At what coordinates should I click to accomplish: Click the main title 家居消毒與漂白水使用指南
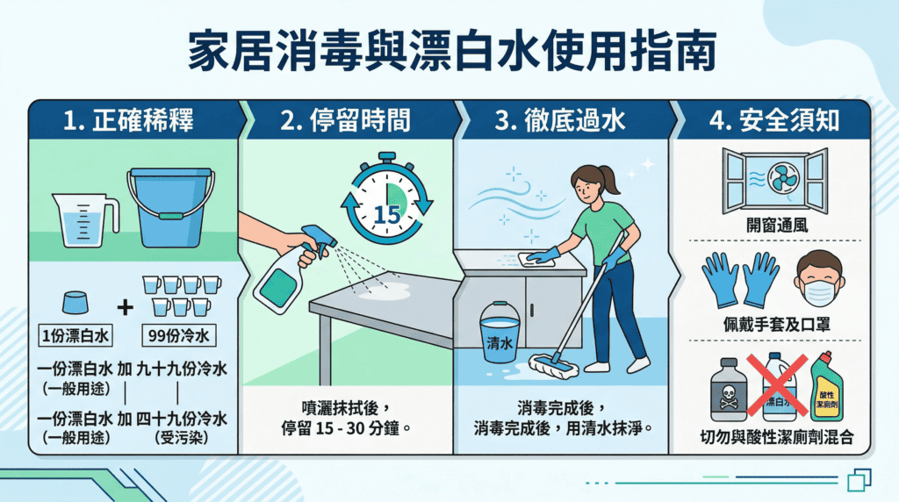(452, 52)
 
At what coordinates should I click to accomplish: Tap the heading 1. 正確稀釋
(128, 120)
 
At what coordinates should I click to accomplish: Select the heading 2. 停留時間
(345, 120)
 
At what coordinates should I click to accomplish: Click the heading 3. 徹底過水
(559, 120)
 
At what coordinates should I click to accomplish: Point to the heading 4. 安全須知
(774, 120)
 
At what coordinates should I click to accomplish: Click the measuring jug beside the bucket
(85, 219)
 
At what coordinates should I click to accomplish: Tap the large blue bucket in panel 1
(170, 207)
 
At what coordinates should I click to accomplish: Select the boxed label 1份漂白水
(76, 335)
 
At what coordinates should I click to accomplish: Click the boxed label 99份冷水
(179, 335)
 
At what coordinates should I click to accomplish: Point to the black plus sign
(125, 308)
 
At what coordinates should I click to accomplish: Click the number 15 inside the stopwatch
(387, 215)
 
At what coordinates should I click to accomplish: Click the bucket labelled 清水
(500, 333)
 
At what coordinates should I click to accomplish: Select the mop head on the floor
(553, 366)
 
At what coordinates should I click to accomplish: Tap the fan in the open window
(782, 177)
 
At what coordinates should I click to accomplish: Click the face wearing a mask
(819, 279)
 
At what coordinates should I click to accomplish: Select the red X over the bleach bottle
(777, 384)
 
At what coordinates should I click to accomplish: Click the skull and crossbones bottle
(728, 391)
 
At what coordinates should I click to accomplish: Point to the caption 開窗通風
(777, 226)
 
